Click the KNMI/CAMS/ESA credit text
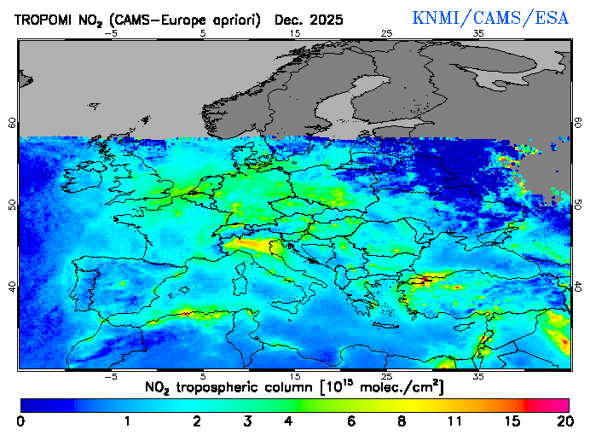click(490, 18)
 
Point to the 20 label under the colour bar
click(562, 421)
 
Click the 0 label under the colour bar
click(20, 421)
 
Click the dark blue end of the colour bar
click(34, 405)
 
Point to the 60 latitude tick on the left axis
click(12, 123)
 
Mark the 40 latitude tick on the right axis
click(577, 287)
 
